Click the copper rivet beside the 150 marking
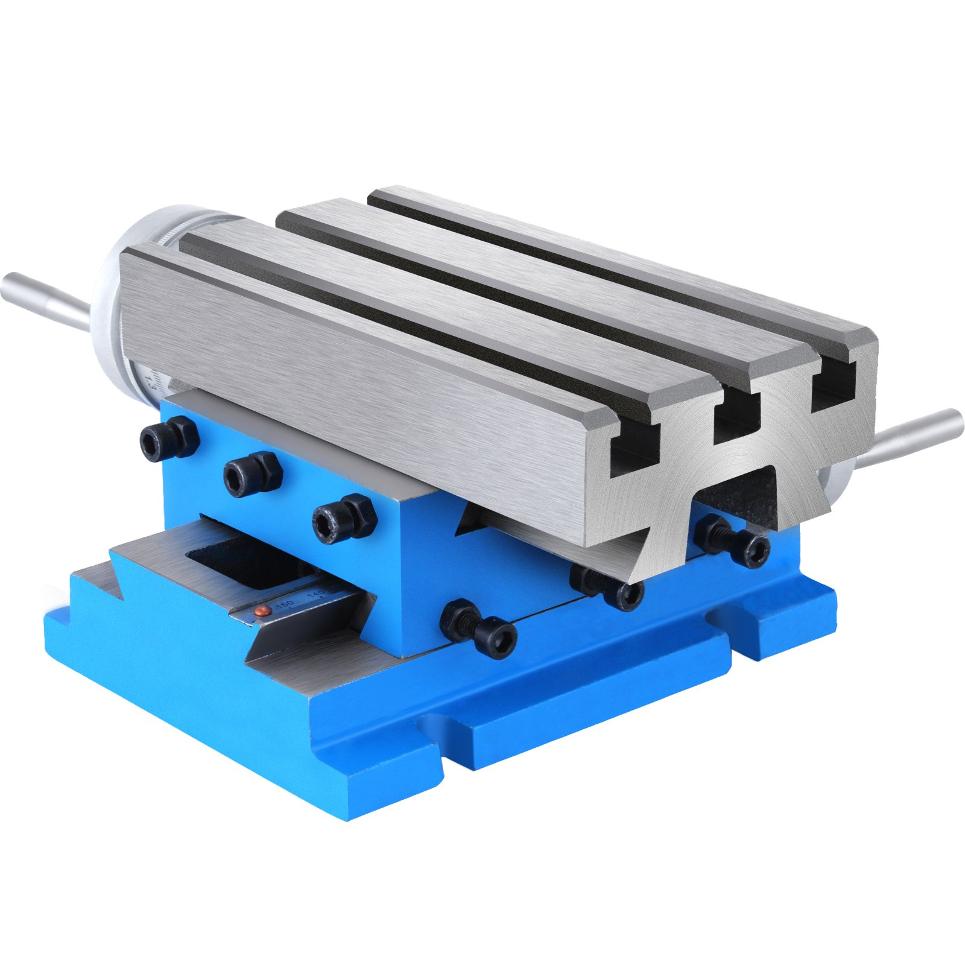click(263, 612)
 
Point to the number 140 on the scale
click(316, 595)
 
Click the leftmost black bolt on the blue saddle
click(169, 438)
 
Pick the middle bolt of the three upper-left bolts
click(252, 474)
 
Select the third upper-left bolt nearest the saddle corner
click(344, 516)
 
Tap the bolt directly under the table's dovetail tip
click(607, 586)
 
